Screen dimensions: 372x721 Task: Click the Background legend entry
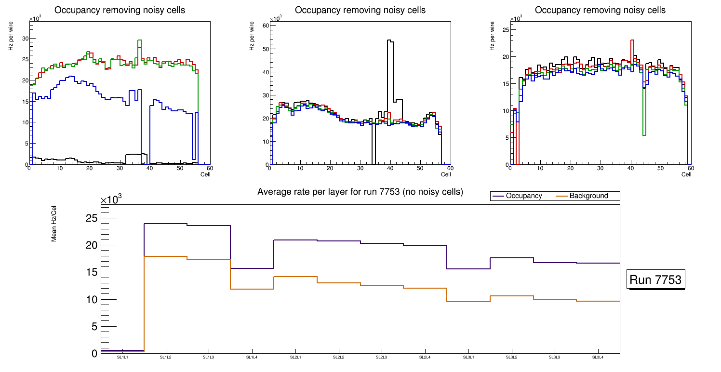[588, 196]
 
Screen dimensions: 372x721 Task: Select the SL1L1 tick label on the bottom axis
[123, 357]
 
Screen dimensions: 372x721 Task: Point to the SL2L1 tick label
[295, 357]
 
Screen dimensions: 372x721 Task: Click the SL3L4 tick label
[598, 357]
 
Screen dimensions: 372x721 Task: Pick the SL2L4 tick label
[425, 357]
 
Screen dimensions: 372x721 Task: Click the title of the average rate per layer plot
[360, 192]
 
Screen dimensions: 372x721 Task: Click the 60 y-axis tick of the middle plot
[264, 26]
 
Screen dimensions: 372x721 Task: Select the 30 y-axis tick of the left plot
[25, 39]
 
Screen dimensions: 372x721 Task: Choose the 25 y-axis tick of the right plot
[506, 30]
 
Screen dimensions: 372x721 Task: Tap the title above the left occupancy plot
[120, 10]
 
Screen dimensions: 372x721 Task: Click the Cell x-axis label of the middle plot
[445, 174]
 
